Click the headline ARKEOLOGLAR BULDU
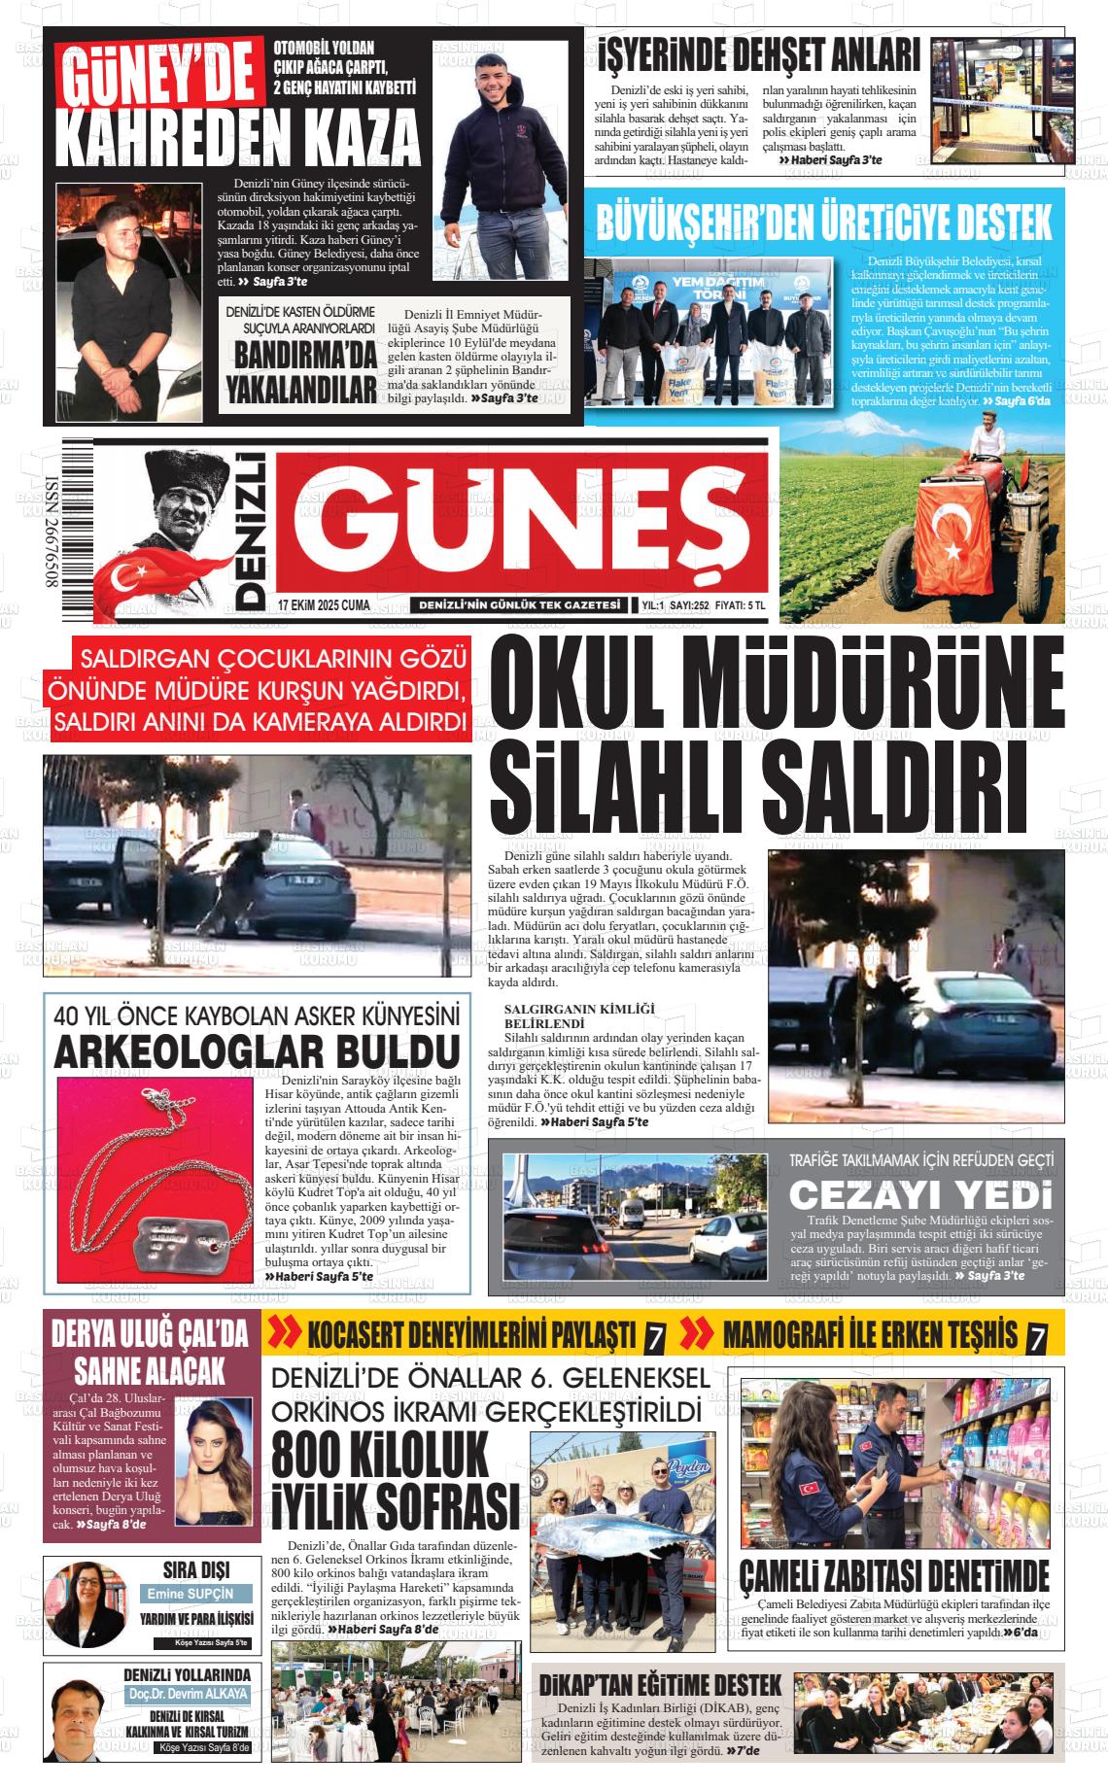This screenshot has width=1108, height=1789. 257,1052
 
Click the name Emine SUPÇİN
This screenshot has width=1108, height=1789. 190,1595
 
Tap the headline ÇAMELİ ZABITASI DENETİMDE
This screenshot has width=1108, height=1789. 894,1575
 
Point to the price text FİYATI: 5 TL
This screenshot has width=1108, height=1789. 741,605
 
